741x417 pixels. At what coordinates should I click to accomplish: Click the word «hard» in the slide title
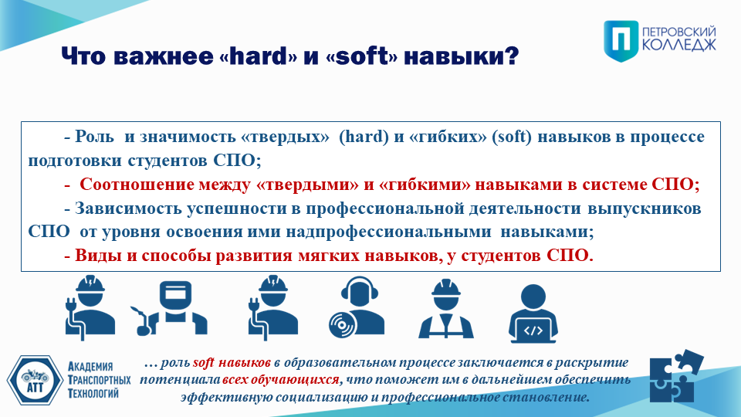click(259, 56)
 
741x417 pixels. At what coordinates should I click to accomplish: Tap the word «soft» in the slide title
click(361, 56)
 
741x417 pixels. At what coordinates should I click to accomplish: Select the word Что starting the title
click(84, 56)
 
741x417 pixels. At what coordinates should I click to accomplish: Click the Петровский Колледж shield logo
click(621, 41)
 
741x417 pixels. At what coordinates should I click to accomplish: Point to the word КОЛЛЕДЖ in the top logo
click(679, 46)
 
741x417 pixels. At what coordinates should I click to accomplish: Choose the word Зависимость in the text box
click(128, 208)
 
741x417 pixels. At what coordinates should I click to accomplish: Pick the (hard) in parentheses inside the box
click(364, 137)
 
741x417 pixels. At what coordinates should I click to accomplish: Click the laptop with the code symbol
click(533, 331)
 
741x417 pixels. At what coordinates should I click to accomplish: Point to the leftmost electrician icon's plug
click(72, 304)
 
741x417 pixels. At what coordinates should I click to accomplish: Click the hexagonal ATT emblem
click(35, 381)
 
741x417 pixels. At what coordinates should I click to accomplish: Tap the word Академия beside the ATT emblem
click(90, 366)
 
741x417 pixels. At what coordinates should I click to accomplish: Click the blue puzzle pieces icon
click(676, 376)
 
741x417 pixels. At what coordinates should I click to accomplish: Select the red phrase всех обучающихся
click(281, 380)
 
